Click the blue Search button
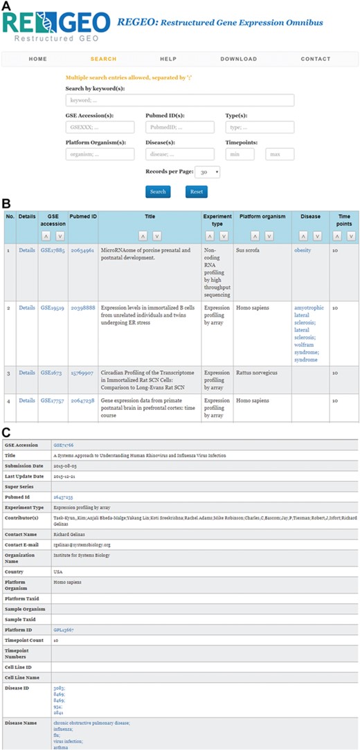tap(158, 192)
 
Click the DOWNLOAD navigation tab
tap(238, 59)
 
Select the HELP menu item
tap(168, 59)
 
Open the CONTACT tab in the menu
tap(316, 59)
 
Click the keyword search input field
tap(179, 100)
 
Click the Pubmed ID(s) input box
tap(179, 127)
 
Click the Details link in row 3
tap(27, 373)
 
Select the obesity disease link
tap(303, 250)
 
